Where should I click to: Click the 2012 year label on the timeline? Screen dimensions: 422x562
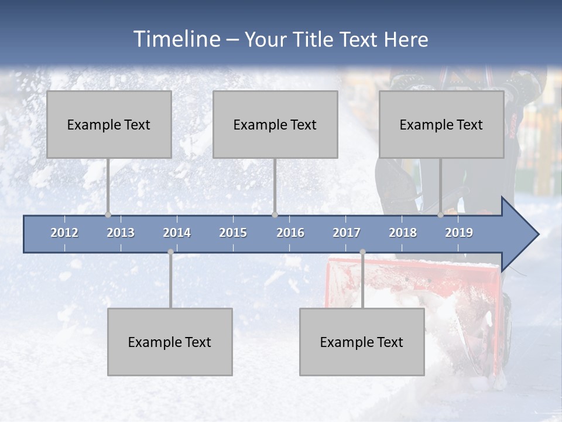tap(64, 233)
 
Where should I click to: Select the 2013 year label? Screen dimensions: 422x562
tap(121, 233)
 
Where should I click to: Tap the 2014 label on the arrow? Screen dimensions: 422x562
tap(177, 233)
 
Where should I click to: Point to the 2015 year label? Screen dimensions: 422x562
tap(233, 233)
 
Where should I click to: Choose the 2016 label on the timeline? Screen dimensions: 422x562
tap(290, 233)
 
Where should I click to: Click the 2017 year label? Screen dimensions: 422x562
tap(347, 233)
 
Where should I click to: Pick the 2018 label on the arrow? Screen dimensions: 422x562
tap(403, 233)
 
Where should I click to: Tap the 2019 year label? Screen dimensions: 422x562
tap(459, 233)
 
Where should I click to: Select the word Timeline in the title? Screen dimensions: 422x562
tap(176, 39)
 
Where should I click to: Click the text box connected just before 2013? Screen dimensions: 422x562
tap(109, 124)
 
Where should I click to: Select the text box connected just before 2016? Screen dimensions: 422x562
tap(275, 124)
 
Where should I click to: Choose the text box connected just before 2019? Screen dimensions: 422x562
tap(441, 124)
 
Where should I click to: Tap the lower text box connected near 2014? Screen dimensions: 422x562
tap(170, 342)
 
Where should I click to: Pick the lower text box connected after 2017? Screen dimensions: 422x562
tap(362, 342)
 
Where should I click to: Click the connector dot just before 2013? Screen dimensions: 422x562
tap(108, 215)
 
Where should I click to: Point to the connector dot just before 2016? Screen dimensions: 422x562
tap(275, 215)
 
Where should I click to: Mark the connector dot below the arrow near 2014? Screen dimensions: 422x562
tap(170, 252)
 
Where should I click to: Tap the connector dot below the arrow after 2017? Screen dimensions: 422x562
tap(362, 252)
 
